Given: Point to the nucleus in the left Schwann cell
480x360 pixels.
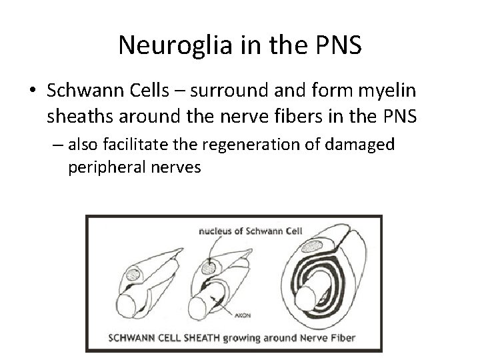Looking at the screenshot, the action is click(131, 274).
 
